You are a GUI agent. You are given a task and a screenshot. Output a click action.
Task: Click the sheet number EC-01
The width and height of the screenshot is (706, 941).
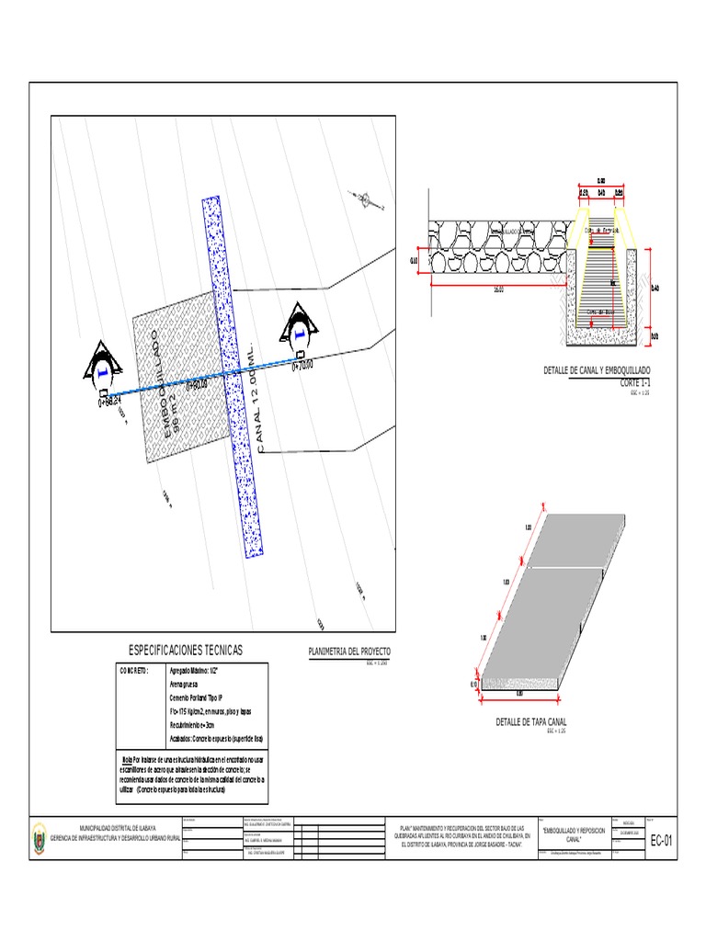(x=662, y=840)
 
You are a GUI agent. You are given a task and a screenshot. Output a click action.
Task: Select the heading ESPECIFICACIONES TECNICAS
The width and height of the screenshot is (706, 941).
(x=188, y=650)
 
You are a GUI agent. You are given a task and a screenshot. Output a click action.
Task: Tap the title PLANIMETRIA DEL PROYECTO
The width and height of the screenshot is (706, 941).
(x=348, y=651)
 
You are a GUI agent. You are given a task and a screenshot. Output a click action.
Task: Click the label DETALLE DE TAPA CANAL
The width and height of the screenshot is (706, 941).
(x=531, y=722)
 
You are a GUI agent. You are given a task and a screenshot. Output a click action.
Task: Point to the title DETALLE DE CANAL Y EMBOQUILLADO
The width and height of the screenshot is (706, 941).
(x=602, y=369)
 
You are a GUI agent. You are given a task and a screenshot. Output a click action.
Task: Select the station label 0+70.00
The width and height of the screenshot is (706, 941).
(x=302, y=366)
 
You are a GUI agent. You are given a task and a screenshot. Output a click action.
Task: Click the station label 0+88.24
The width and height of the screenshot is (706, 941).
(x=109, y=402)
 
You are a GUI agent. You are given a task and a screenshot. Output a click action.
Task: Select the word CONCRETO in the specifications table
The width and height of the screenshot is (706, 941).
(x=134, y=672)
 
